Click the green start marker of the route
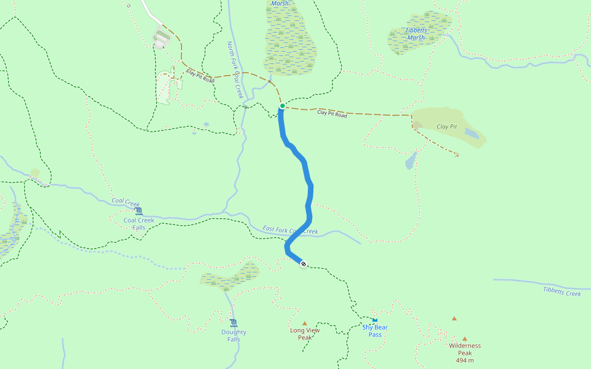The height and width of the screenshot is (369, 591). (x=282, y=106)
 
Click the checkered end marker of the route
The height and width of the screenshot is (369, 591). (x=303, y=264)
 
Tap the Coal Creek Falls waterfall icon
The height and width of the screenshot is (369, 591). (x=139, y=211)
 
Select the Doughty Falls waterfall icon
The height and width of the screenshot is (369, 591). (x=233, y=323)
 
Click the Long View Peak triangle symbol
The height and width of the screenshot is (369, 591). (x=304, y=323)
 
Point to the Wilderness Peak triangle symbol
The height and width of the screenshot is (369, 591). (x=465, y=338)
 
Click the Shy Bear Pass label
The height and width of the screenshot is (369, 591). (x=375, y=331)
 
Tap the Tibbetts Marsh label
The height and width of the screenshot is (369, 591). (x=416, y=34)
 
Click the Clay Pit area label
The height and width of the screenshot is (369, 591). (x=447, y=127)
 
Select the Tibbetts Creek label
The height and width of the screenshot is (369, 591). (x=561, y=291)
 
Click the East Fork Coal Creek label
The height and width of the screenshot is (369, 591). (x=290, y=230)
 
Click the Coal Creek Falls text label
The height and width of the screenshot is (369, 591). (x=139, y=223)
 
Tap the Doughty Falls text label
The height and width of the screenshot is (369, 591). (x=233, y=336)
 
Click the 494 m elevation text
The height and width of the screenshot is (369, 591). (x=465, y=360)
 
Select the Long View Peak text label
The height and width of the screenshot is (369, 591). (x=305, y=334)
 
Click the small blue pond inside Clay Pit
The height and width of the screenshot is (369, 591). (x=471, y=132)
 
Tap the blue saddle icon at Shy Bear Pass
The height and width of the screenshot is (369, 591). (x=374, y=320)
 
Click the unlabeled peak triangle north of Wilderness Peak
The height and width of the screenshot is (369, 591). (x=454, y=318)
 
